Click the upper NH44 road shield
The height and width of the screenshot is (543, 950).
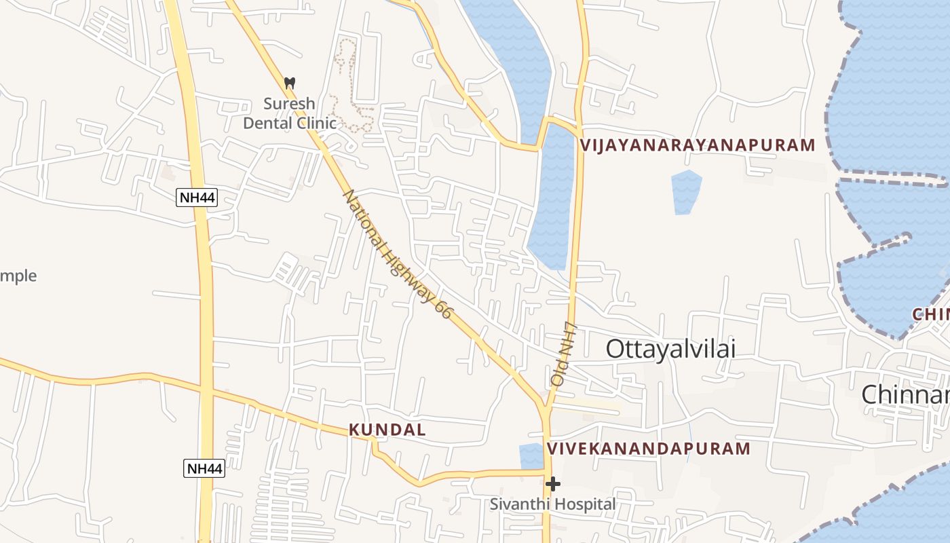pos(197,198)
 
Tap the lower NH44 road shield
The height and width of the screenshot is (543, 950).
pos(204,468)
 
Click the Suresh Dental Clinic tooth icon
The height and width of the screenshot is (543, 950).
pos(290,83)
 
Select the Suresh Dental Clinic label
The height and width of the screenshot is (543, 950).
pos(290,113)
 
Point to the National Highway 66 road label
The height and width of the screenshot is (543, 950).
pos(397,254)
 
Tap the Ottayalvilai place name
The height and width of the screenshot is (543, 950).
pos(670,349)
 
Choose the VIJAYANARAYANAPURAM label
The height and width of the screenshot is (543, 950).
pos(698,145)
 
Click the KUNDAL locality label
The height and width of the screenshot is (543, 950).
pos(387,430)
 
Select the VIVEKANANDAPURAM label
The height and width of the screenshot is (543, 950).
pos(649,449)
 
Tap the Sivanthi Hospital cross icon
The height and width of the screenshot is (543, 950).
pos(553,484)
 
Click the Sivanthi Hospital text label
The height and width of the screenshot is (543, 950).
pos(553,504)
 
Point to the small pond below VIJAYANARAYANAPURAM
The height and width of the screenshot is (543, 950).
pos(686,192)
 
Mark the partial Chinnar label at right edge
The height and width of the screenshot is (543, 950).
pos(905,394)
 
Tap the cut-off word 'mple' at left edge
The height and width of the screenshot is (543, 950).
pos(18,276)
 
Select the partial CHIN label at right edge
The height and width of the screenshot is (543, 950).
pos(930,314)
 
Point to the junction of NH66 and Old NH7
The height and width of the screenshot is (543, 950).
pos(546,409)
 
